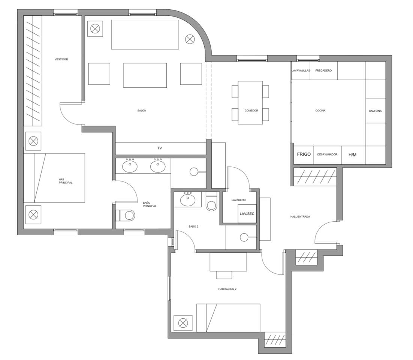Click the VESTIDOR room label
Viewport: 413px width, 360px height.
point(61,59)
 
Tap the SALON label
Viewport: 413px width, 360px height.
point(142,111)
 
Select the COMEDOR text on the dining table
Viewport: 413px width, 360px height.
point(251,111)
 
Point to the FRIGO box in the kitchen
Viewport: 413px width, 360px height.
point(304,154)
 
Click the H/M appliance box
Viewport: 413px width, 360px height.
point(352,155)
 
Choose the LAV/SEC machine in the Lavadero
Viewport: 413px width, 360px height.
point(247,214)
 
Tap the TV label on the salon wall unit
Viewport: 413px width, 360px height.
point(160,148)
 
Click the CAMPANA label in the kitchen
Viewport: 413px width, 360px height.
point(375,111)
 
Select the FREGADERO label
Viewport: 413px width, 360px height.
point(323,70)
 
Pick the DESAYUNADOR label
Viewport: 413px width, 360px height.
point(327,154)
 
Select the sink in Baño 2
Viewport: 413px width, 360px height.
point(187,199)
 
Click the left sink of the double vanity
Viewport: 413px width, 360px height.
point(130,166)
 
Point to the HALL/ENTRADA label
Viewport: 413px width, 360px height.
point(300,217)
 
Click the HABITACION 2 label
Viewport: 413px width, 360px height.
point(227,289)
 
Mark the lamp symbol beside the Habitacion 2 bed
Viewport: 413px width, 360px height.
point(182,323)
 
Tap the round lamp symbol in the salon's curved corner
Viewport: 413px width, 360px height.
point(190,39)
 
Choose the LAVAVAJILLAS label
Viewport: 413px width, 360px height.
point(301,70)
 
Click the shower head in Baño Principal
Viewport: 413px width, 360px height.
point(194,172)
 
